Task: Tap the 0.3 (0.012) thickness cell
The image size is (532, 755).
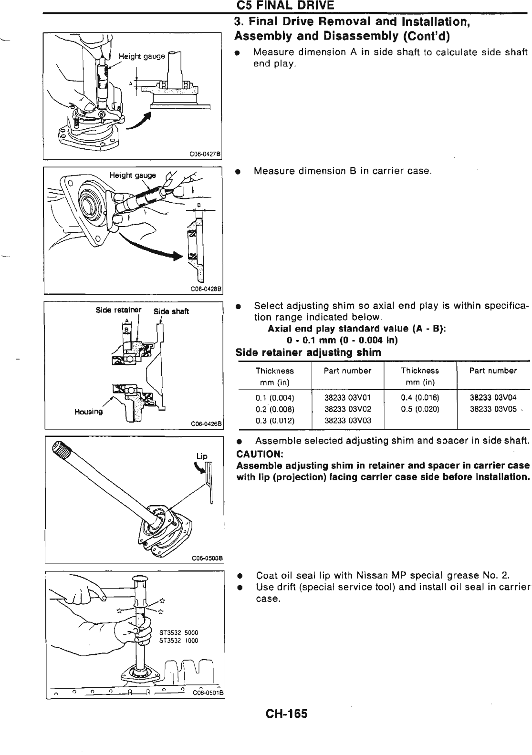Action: pos(275,421)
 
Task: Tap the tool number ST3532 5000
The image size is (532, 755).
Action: pos(175,633)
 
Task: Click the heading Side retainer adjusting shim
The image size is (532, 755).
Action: pos(309,353)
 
